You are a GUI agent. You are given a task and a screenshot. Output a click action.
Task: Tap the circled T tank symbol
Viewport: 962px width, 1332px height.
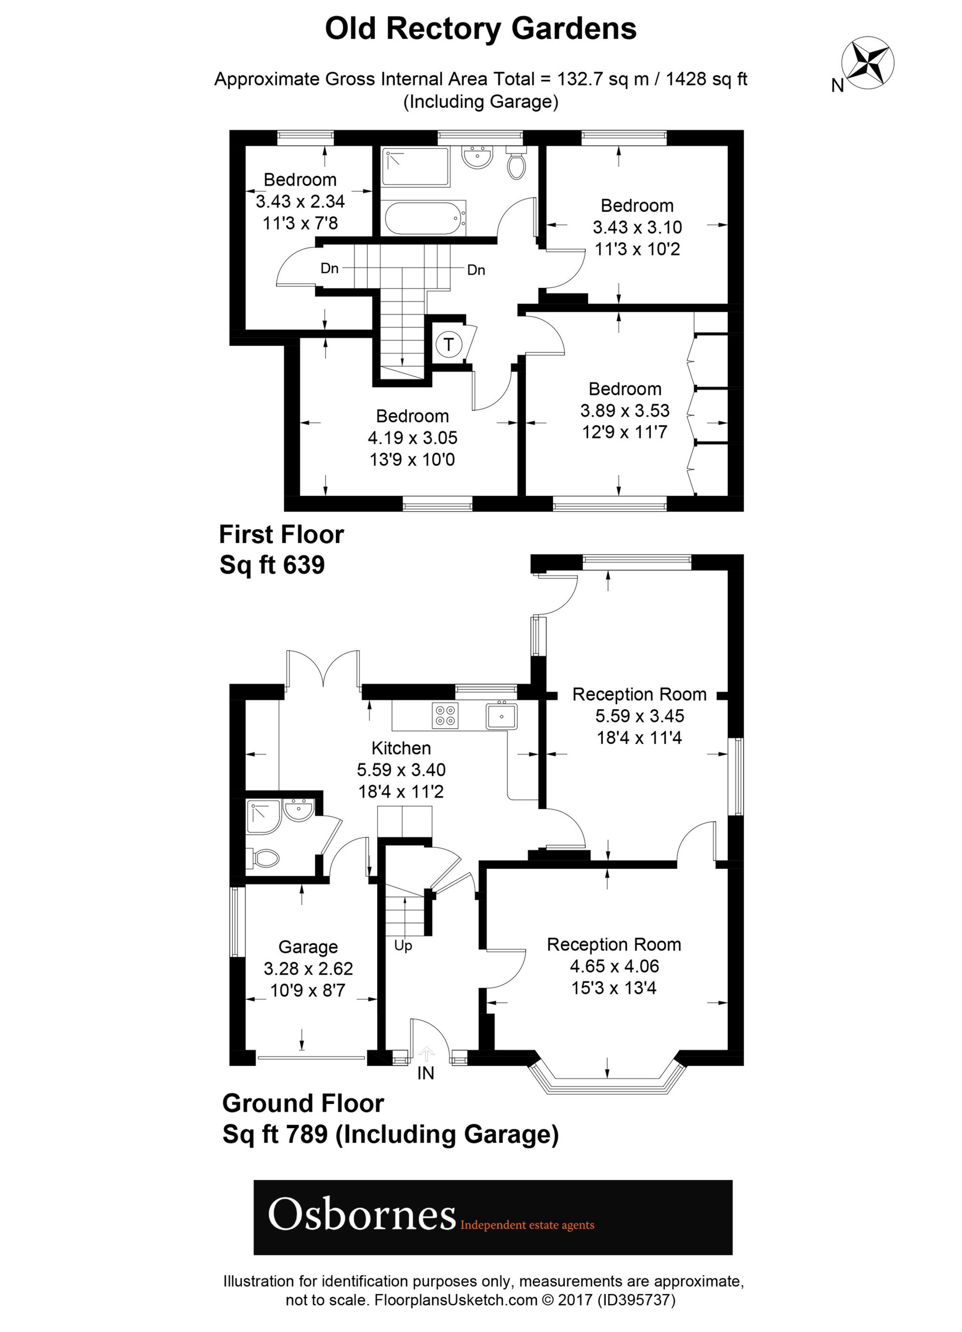[x=449, y=344]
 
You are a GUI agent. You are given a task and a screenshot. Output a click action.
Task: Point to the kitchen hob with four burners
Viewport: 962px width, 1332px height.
[x=445, y=715]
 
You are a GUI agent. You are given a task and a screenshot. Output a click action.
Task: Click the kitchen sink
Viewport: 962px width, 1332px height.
[x=501, y=715]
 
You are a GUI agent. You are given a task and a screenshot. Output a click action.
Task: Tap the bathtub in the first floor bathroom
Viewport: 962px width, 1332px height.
[x=425, y=218]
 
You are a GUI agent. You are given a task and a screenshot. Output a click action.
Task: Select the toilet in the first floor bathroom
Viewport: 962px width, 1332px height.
[x=517, y=164]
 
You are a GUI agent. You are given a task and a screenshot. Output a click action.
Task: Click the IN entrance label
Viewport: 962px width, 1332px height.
[x=425, y=1073]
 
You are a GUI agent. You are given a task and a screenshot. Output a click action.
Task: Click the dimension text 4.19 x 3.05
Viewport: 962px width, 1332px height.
[x=412, y=438]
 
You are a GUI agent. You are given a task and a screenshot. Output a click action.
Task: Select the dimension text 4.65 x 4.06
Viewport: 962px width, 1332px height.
[x=614, y=966]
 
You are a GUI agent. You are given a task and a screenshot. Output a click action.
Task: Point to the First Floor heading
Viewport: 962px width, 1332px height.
[x=281, y=534]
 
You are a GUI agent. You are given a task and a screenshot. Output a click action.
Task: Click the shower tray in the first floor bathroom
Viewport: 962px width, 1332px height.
[x=415, y=167]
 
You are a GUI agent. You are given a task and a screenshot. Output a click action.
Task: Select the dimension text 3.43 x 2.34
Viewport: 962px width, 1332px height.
[x=300, y=201]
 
